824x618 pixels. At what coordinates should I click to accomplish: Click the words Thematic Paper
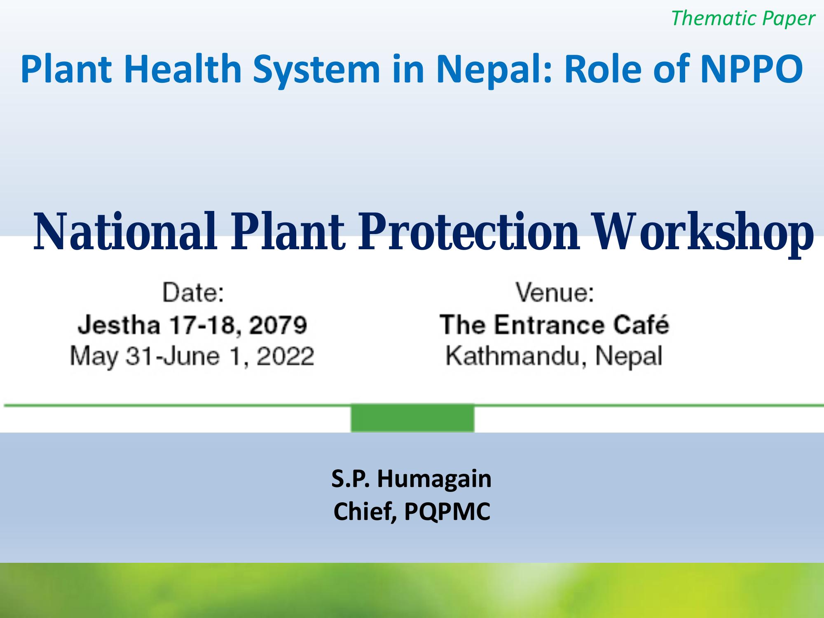point(743,18)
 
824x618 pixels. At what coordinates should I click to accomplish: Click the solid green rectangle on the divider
point(412,418)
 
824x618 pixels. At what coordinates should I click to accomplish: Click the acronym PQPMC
point(447,512)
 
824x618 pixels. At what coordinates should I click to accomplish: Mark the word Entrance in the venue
point(550,325)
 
